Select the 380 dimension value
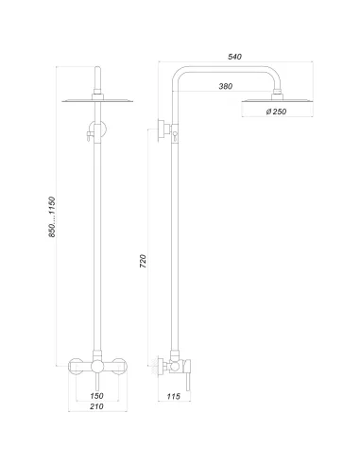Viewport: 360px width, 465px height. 225,87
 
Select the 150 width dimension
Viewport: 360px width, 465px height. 96,396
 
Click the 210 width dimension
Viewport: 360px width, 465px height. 96,408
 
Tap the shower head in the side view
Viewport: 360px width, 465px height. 278,102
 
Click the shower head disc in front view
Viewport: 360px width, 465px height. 96,101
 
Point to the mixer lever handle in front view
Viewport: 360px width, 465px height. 96,377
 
